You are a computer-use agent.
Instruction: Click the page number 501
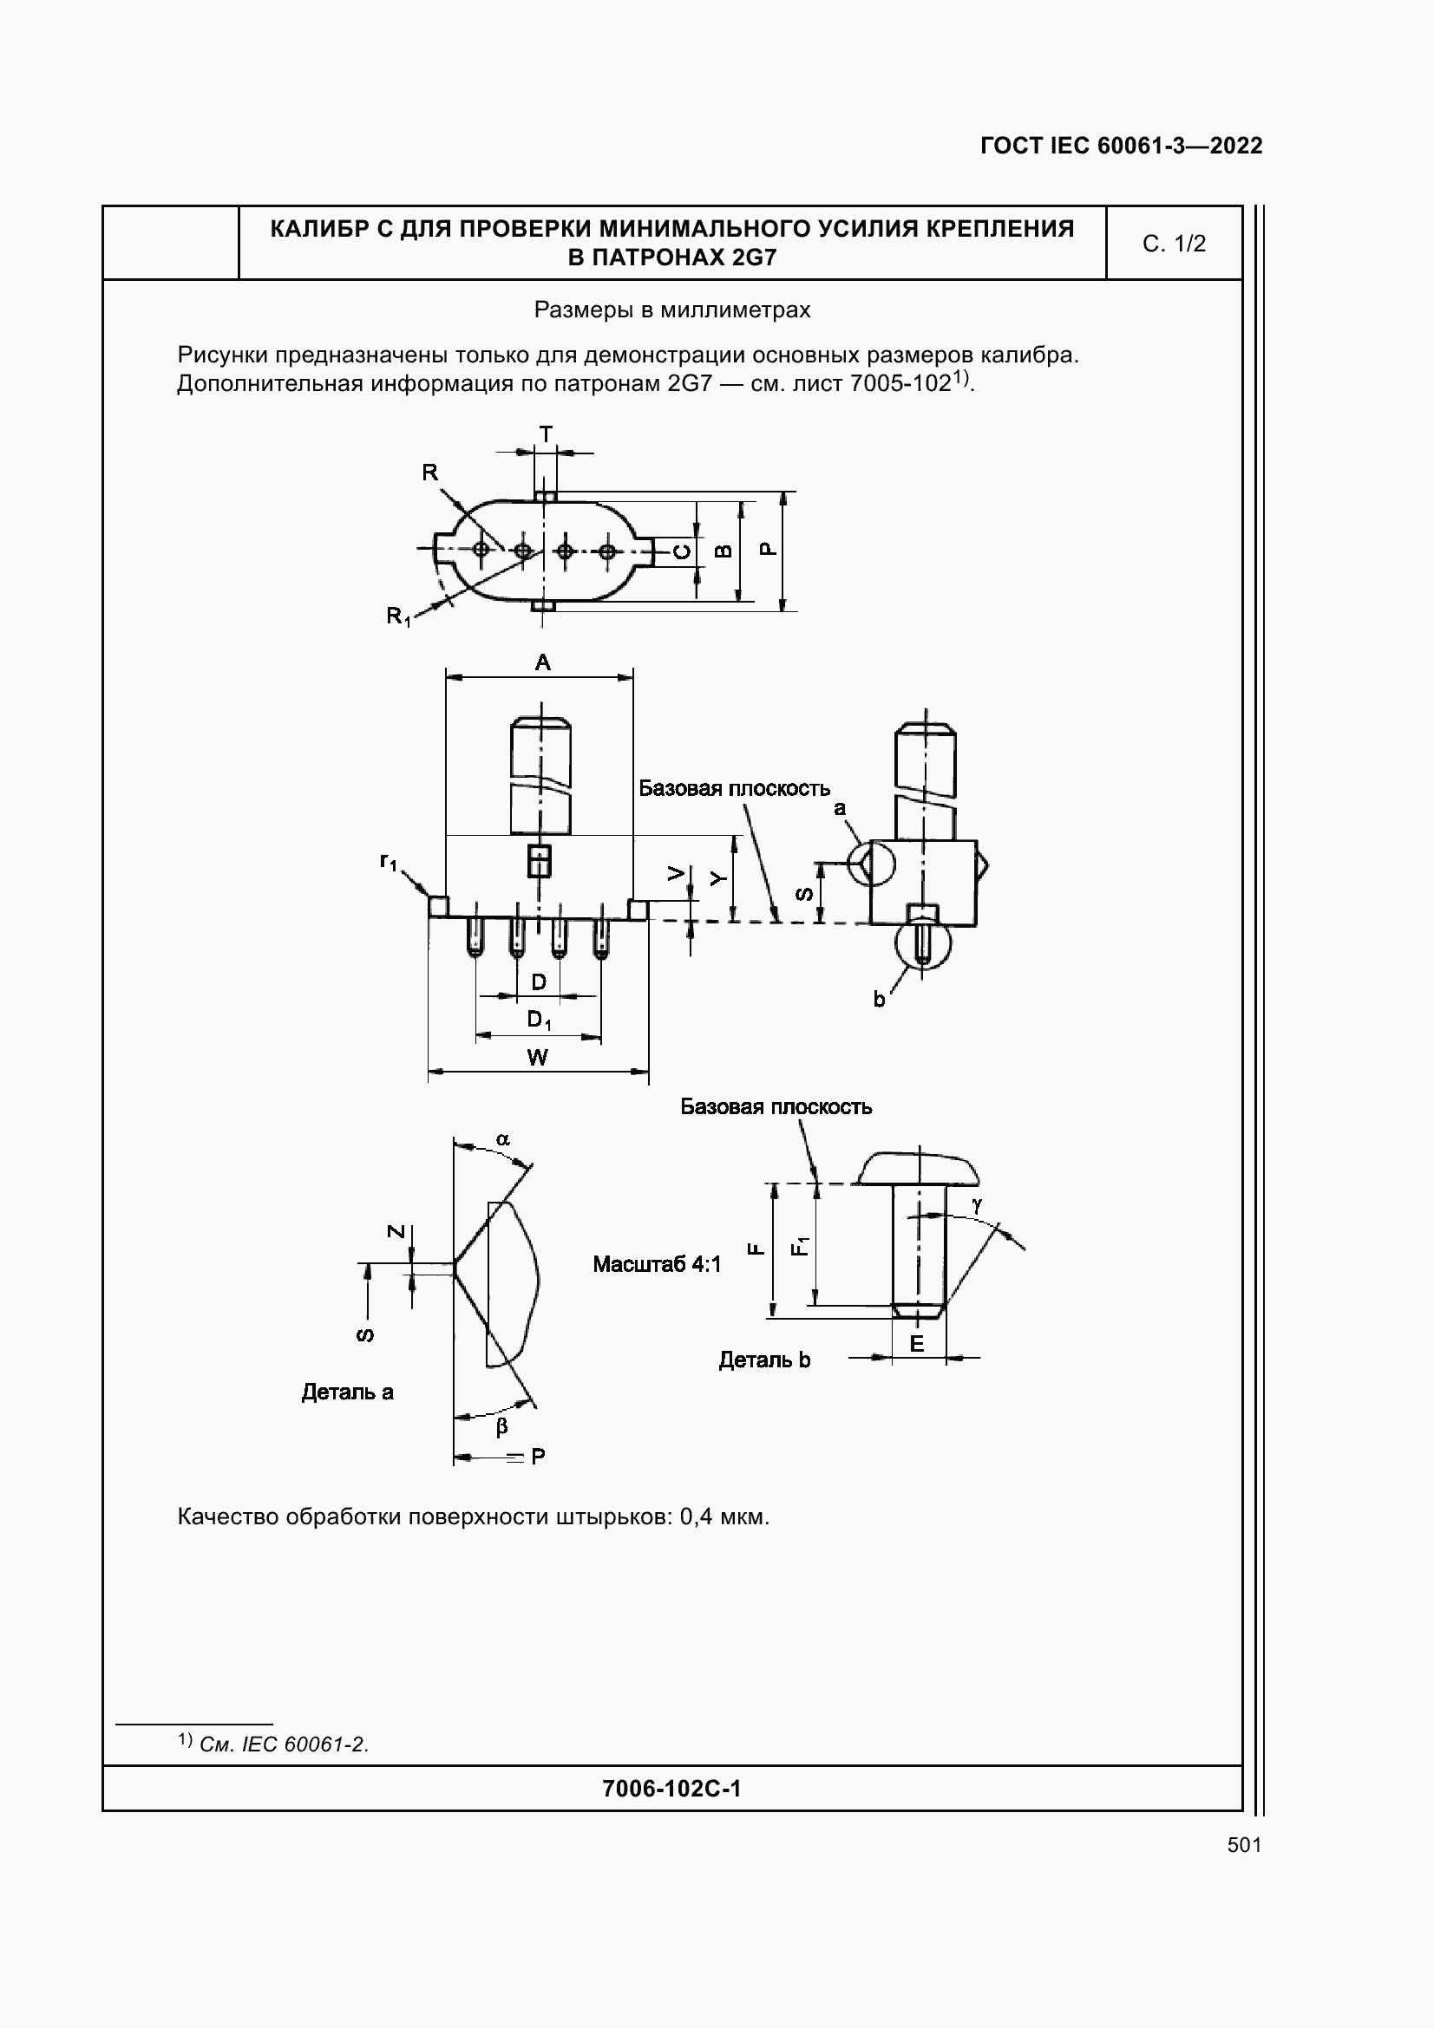tap(1244, 1845)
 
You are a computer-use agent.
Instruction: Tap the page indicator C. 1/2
tap(1174, 244)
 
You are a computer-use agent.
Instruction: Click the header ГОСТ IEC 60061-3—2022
tap(1121, 146)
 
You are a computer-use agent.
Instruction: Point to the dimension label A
tap(542, 662)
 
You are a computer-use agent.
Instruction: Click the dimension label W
tap(537, 1057)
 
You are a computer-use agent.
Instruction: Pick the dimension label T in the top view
tap(546, 434)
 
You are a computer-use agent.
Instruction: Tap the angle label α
tap(503, 1139)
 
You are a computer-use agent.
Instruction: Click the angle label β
tap(501, 1426)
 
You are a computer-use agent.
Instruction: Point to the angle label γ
tap(977, 1205)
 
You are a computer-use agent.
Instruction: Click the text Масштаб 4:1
tap(657, 1265)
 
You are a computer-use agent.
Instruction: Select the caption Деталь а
tap(347, 1393)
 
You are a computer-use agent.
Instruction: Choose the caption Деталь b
tap(764, 1360)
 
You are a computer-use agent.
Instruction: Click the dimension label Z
tap(396, 1232)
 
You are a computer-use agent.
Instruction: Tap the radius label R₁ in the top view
tap(398, 616)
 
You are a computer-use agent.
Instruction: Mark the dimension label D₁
tap(539, 1021)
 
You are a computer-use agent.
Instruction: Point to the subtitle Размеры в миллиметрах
tap(672, 310)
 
